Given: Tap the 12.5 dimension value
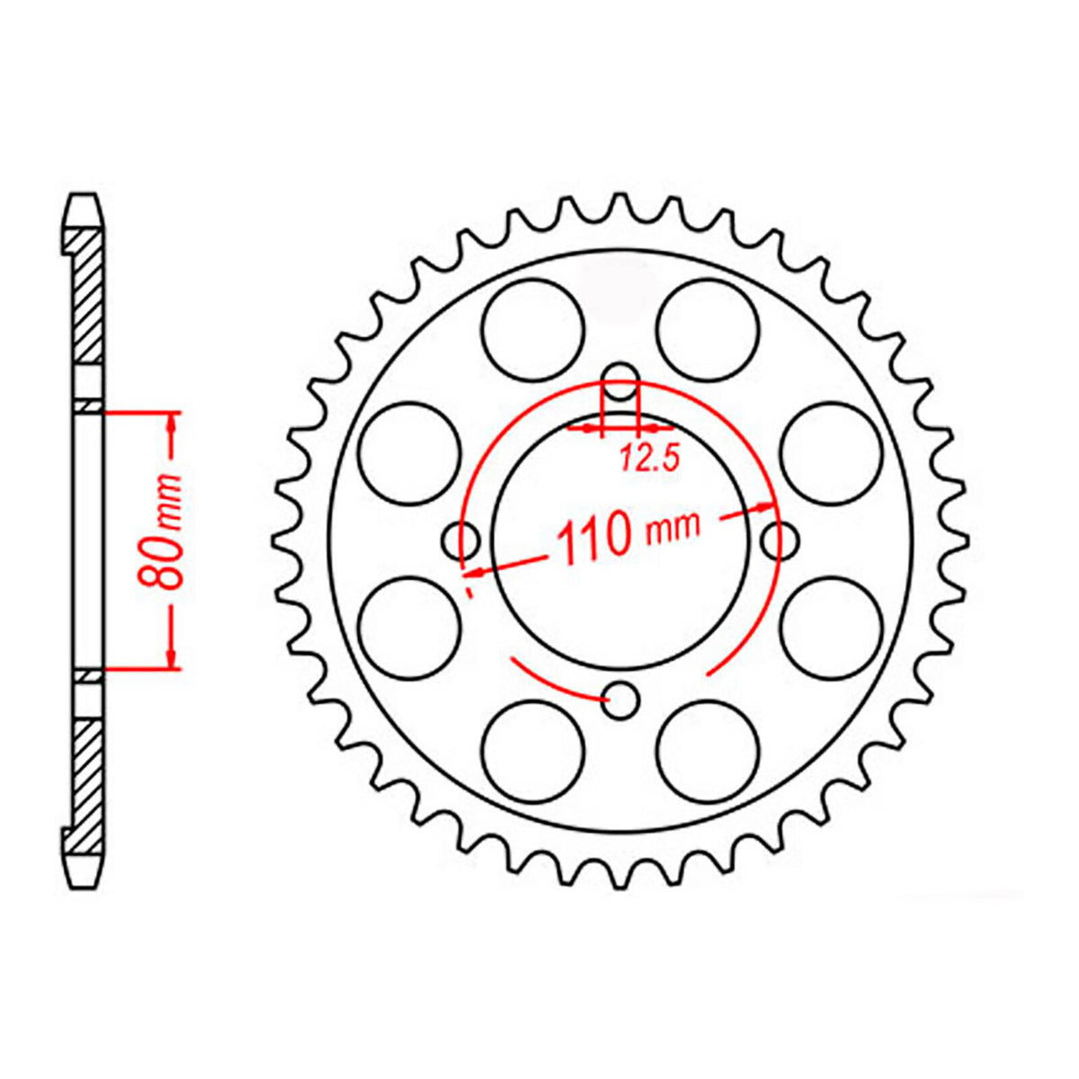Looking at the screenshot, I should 647,459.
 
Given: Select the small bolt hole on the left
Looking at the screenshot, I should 461,540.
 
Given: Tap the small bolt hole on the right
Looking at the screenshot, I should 779,540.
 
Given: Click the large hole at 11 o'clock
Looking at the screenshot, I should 532,328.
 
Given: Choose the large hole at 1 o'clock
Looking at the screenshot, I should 708,328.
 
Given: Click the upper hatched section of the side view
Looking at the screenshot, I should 87,297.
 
